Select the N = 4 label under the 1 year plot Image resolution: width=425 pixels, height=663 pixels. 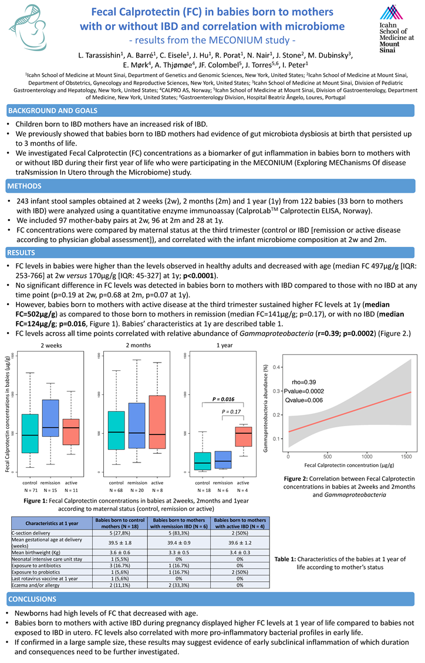click(242, 490)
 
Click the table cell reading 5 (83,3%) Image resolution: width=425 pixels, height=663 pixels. click(178, 533)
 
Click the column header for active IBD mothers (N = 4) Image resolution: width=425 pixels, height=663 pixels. click(240, 523)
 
